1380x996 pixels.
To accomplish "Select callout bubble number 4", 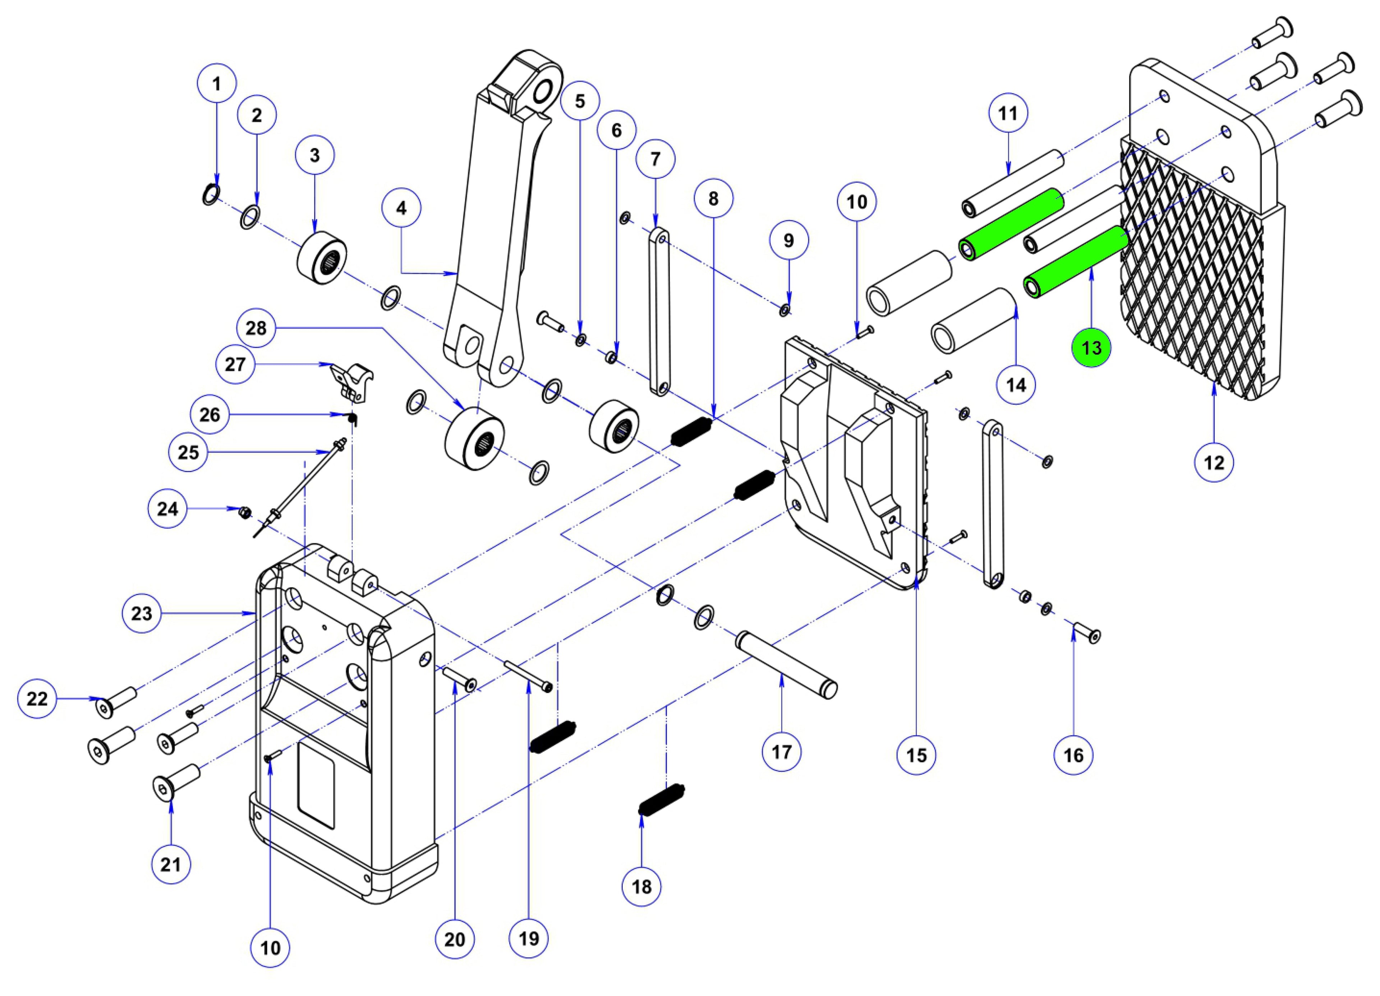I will click(401, 208).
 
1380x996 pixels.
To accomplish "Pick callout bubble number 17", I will click(781, 752).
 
